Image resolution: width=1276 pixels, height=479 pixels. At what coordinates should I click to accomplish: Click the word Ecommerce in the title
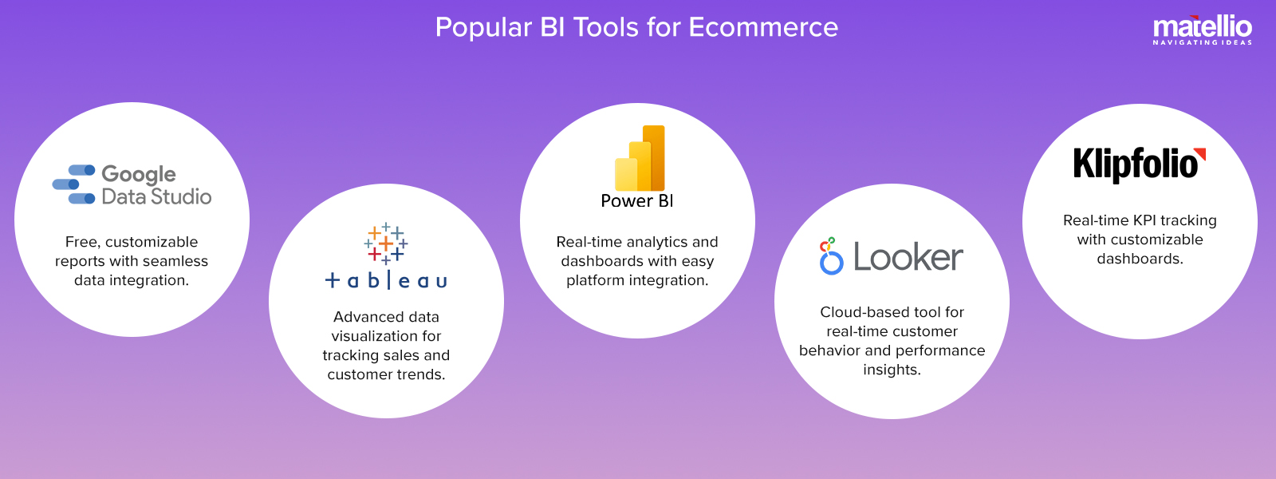763,27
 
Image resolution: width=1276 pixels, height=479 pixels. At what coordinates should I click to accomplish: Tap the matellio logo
1203,30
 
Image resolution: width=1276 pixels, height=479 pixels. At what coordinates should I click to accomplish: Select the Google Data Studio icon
73,184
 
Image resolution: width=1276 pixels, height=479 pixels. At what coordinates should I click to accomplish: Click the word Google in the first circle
139,175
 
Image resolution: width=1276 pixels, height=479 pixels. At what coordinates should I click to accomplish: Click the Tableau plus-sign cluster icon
386,243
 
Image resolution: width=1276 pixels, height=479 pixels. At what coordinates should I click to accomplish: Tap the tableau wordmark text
386,279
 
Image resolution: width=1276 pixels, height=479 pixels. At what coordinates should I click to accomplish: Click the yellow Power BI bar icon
640,158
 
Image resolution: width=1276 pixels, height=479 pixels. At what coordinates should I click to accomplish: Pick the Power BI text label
637,200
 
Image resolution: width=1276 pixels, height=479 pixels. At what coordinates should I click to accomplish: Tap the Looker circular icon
831,256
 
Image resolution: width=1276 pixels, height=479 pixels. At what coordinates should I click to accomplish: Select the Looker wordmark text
908,257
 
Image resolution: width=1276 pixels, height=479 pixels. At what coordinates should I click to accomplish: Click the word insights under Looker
892,370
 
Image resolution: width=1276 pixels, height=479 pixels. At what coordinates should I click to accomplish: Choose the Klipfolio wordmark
1136,164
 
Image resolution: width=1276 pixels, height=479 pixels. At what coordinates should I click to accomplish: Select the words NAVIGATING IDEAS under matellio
1203,42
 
